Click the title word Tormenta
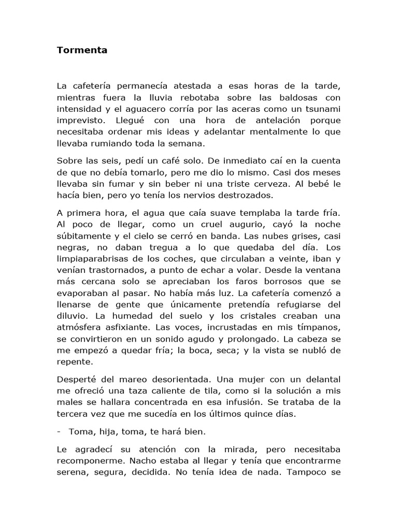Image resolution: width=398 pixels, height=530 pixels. coord(82,51)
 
